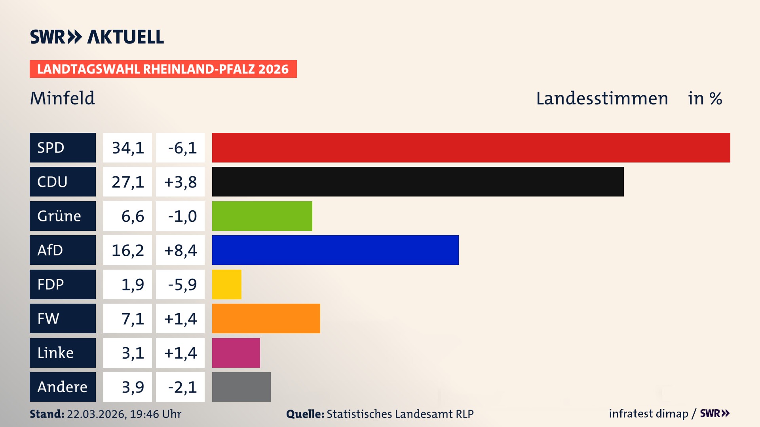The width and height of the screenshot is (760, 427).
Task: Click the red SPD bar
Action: pos(471,147)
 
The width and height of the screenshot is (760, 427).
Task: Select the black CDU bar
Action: pos(418,182)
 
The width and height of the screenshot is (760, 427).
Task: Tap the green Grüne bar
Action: pos(262,216)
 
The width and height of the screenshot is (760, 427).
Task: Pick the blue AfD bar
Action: pos(335,250)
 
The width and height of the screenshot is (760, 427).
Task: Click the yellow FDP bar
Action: pos(226,284)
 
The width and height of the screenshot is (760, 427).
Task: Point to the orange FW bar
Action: pos(266,318)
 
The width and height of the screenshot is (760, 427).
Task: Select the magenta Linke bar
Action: pos(236,353)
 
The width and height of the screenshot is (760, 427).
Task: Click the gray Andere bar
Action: pos(241,387)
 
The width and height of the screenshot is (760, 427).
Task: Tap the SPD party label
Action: pos(63,147)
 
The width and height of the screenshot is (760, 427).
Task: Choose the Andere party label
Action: pos(63,387)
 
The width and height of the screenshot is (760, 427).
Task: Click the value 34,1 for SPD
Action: pos(127,148)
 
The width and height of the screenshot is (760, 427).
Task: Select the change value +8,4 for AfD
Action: pos(180,250)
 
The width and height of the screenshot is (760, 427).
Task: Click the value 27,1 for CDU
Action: pos(127,182)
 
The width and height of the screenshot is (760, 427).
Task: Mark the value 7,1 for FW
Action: pos(132,319)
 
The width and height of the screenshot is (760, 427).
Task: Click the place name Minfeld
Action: pos(63,98)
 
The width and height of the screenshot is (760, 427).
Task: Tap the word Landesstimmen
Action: pos(602,98)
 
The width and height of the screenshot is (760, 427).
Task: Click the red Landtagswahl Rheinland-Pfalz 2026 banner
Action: pos(163,69)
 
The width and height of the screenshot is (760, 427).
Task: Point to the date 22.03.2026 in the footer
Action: pos(96,414)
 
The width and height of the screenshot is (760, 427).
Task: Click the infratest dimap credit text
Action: pos(648,414)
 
